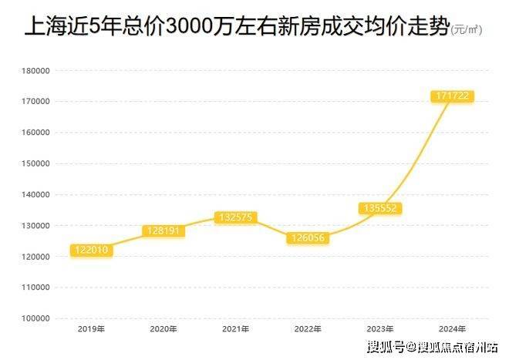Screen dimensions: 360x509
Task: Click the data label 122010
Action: [91, 250]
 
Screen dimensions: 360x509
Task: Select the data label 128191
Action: [163, 230]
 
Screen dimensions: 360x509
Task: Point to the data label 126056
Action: [307, 238]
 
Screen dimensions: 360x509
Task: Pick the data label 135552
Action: [380, 208]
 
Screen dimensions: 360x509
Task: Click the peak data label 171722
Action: [451, 96]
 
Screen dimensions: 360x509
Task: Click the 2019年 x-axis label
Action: [91, 328]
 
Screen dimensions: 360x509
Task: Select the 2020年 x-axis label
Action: [163, 328]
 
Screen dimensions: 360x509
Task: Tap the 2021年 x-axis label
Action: [235, 328]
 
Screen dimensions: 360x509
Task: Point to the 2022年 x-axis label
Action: [307, 328]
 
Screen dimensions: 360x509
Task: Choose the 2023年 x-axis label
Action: [379, 328]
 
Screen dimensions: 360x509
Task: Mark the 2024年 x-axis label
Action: [451, 328]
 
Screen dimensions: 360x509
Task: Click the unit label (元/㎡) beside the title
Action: [466, 31]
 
